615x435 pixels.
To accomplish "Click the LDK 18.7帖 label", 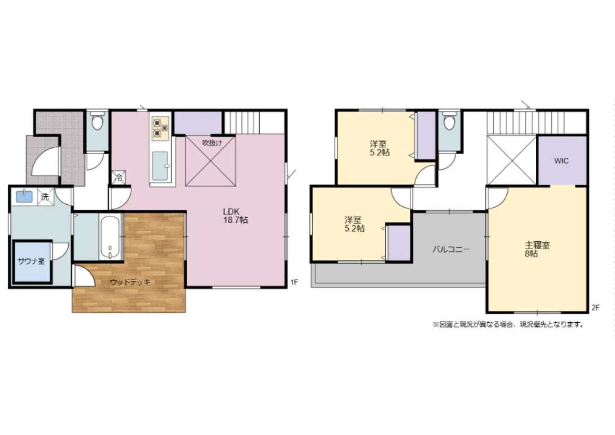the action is pos(235,216).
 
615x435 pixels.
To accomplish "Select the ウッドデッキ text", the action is pos(130,282).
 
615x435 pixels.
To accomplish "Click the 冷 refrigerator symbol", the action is pos(119,177).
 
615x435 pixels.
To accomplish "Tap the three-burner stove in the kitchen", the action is pos(160,128).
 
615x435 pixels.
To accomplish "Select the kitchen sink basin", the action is pos(160,166).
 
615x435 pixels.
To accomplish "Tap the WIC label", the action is pos(561,161).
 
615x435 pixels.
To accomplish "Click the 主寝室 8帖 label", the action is pos(536,249).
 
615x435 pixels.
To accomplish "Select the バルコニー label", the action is pos(451,249).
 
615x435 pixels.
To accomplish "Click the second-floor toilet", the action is pos(449,121).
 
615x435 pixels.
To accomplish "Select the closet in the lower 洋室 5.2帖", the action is pos(399,243).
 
